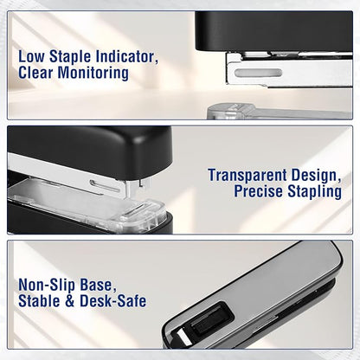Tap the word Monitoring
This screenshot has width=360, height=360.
(x=93, y=73)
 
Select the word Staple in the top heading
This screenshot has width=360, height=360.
(x=70, y=57)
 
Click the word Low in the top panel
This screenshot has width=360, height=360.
(x=32, y=56)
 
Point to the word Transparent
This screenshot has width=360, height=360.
(x=247, y=176)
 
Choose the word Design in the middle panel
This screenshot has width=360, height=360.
(x=316, y=176)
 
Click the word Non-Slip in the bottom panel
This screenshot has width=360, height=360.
(x=47, y=285)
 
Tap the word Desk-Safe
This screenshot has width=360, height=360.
(x=112, y=301)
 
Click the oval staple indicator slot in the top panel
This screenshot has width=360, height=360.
(x=258, y=74)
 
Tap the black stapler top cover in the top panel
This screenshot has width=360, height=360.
(x=274, y=32)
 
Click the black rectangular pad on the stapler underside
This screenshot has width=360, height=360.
(x=212, y=318)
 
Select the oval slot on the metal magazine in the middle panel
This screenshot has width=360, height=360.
(x=105, y=186)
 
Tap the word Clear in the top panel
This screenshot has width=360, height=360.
(x=35, y=73)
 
